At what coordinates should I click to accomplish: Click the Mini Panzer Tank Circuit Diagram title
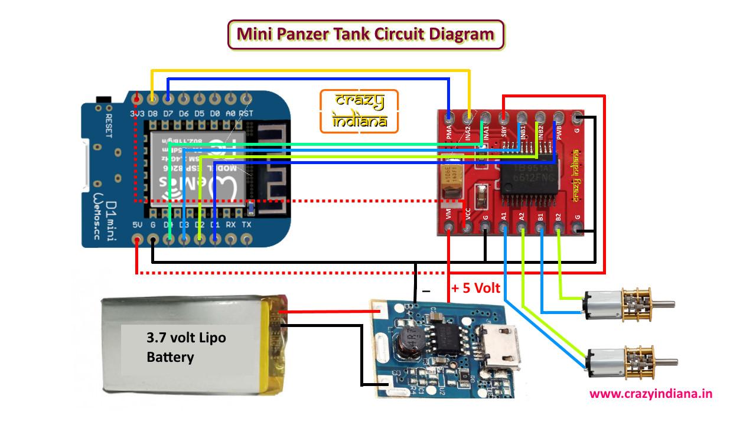coord(366,34)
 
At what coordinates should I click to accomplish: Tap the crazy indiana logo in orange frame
coord(359,111)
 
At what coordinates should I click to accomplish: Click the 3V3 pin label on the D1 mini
coord(137,113)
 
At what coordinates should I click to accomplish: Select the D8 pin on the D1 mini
coord(152,97)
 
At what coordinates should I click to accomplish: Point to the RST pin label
coord(247,113)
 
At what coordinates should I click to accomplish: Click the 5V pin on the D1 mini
coord(137,240)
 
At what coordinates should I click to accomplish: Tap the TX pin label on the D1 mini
coord(246,225)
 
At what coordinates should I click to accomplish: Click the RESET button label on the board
coord(108,125)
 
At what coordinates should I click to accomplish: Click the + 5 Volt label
coord(475,289)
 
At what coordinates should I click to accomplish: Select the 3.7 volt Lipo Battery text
coord(185,348)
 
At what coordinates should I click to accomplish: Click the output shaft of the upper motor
coord(665,305)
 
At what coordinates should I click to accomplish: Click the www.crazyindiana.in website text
coord(650,394)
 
